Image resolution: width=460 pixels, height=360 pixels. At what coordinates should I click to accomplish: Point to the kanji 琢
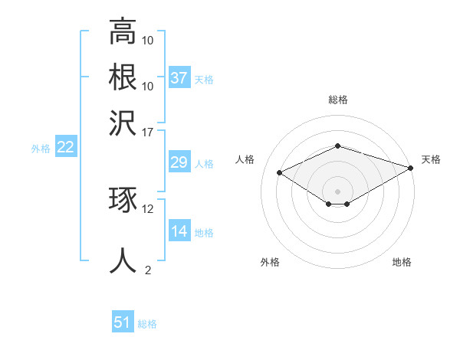pos(123,201)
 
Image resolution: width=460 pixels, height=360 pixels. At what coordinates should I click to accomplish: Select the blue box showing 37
pos(179,78)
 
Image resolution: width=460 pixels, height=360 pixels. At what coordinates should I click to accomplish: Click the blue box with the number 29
pos(179,162)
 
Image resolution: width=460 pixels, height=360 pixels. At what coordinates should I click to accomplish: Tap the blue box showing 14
pos(179,231)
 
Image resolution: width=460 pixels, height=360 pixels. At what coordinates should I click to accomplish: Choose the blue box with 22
pos(65,148)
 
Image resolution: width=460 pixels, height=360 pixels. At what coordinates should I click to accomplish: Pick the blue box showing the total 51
pos(123,323)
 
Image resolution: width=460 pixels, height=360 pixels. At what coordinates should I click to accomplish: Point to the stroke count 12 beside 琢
pos(148,208)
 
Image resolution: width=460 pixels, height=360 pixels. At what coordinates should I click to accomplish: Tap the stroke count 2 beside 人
pos(148,270)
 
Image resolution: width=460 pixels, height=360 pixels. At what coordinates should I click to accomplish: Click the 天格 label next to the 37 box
pos(204,79)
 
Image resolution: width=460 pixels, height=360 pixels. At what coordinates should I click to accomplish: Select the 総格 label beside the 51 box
pos(147,324)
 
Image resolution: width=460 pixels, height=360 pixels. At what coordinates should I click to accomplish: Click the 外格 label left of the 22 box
pos(41,149)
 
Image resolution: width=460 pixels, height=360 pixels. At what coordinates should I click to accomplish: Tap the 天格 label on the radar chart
pos(431,159)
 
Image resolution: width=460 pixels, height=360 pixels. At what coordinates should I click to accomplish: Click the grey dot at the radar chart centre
pos(337,191)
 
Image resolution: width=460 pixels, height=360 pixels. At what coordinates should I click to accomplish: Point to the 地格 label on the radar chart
pos(402,262)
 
